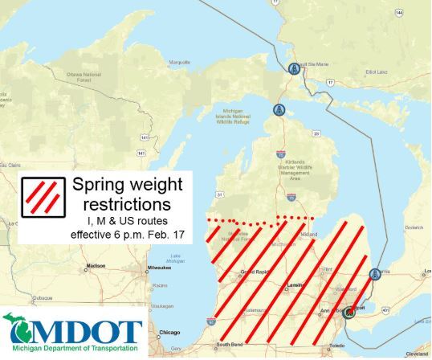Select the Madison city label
(96, 266)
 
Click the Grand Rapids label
(255, 273)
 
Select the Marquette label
(177, 62)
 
